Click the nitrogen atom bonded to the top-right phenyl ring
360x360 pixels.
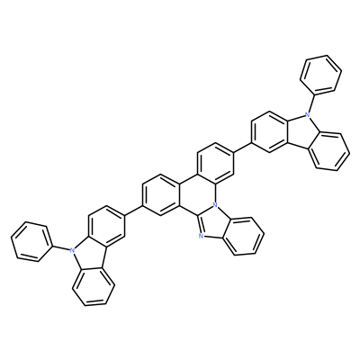[306, 114]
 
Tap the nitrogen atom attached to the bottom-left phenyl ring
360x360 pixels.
[72, 249]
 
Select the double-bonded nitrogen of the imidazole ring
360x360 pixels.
[202, 237]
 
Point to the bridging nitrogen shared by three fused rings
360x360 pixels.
[214, 205]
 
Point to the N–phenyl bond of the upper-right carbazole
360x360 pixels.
[310, 102]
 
